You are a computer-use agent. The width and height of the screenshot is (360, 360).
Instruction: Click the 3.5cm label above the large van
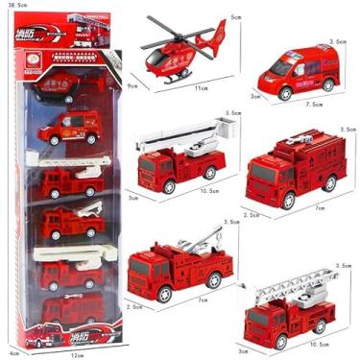pos(337,43)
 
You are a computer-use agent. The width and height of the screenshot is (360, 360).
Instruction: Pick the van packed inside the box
pos(69,127)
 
